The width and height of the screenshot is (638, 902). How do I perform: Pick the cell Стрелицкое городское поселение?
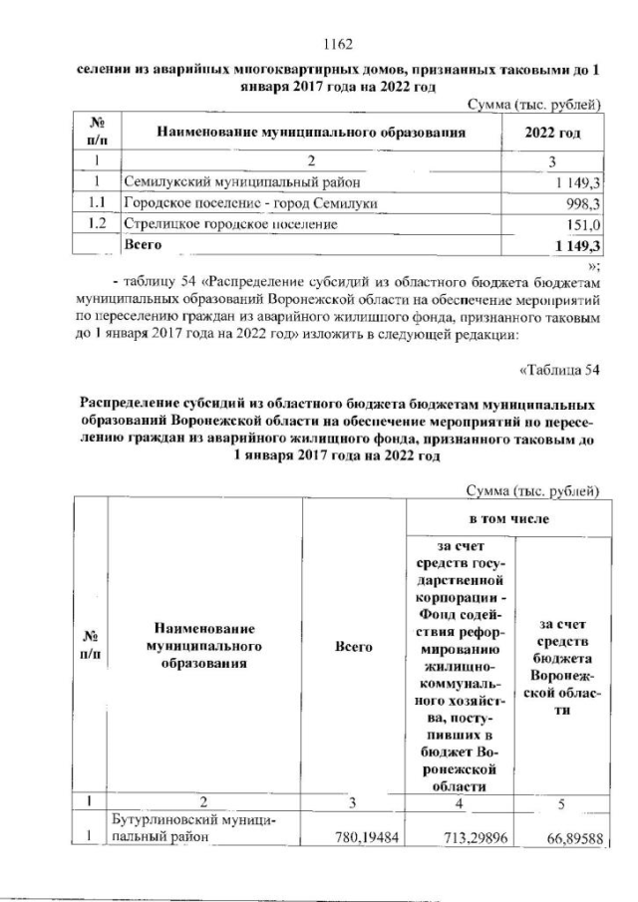pos(228,224)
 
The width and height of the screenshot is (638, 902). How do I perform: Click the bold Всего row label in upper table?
pos(140,244)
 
